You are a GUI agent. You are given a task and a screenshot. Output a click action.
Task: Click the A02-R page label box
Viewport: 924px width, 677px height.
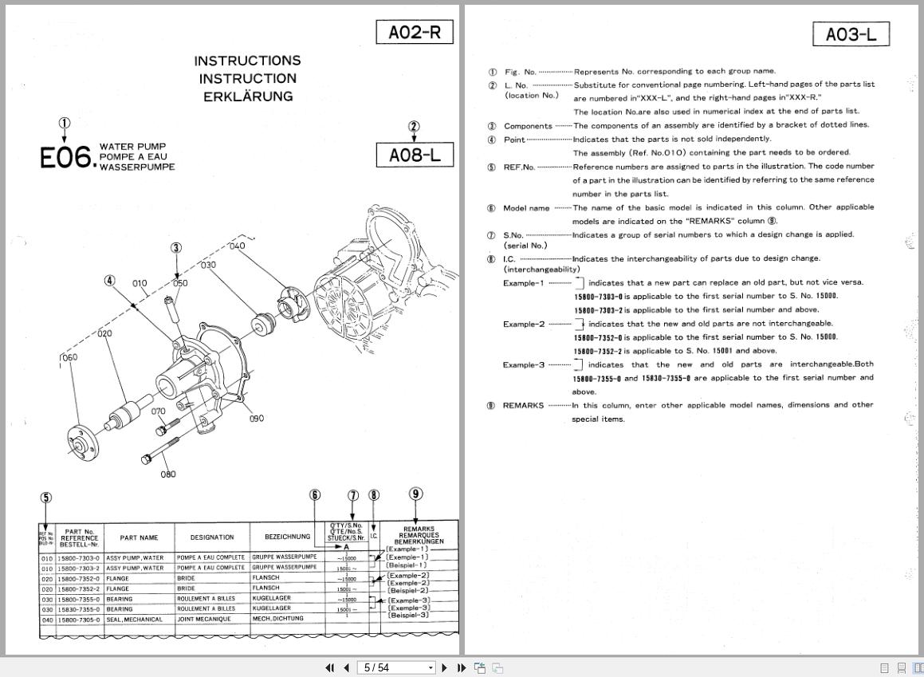tap(414, 33)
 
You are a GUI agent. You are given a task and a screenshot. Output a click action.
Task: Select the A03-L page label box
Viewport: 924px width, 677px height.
tap(851, 34)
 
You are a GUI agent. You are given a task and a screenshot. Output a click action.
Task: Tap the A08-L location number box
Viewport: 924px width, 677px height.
tap(414, 155)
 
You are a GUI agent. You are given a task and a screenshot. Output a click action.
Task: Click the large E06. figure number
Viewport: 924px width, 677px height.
tap(67, 158)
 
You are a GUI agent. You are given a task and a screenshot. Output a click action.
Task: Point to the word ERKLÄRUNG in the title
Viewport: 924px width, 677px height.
tap(247, 96)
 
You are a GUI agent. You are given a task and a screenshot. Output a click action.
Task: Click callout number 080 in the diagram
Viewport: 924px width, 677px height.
tap(167, 474)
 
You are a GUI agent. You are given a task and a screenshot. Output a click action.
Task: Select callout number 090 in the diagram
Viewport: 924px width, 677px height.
tap(256, 419)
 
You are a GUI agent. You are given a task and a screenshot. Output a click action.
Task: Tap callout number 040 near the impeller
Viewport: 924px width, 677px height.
tap(237, 246)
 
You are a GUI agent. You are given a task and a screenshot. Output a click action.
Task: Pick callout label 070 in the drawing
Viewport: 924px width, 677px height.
tap(158, 412)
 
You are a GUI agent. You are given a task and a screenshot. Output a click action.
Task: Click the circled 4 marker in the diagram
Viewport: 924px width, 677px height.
tap(109, 281)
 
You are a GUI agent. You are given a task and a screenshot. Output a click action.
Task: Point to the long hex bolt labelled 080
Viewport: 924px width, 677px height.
tap(160, 449)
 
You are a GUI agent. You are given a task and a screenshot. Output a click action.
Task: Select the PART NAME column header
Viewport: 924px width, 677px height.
tap(139, 537)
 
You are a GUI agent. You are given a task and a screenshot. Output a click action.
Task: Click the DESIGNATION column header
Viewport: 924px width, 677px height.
tap(211, 537)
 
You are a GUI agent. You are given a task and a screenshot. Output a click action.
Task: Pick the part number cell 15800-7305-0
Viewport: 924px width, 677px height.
tap(79, 620)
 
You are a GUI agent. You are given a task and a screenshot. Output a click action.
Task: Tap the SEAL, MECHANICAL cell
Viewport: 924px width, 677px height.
tap(134, 620)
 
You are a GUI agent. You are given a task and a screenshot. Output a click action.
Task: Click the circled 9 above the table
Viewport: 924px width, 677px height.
tap(415, 494)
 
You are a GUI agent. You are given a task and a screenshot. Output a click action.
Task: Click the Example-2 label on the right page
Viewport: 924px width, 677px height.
tap(524, 324)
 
